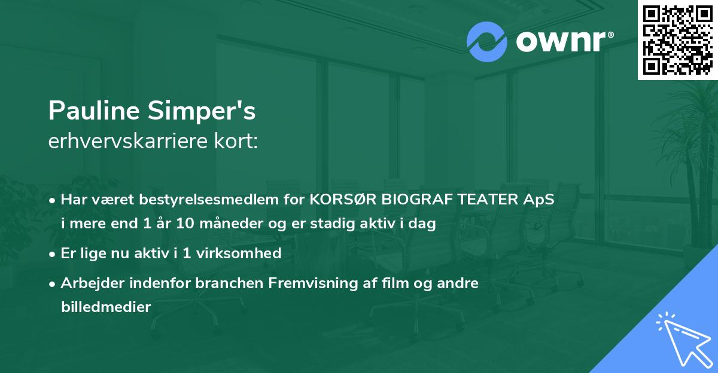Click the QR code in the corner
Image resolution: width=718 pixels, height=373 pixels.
coord(677,39)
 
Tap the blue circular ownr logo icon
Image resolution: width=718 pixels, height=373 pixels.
coord(486,42)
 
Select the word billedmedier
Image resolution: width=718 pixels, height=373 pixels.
coord(105,307)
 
